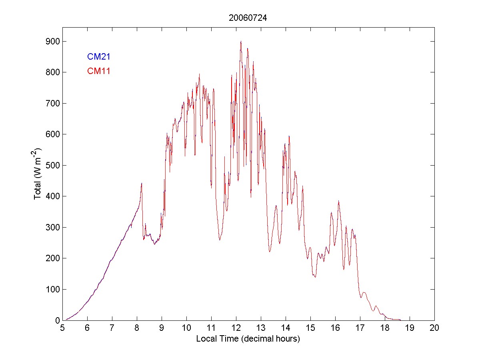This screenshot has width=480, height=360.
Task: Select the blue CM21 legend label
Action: (98, 57)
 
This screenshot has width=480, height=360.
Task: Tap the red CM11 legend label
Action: (98, 71)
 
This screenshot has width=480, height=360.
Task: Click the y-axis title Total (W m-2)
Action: (38, 174)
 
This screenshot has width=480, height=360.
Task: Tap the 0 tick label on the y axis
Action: (57, 320)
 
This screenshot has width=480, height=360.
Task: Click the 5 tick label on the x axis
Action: (62, 328)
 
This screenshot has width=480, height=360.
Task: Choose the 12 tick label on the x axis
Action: (236, 328)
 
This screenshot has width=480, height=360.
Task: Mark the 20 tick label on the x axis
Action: (434, 328)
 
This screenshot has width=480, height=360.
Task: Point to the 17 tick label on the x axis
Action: (360, 328)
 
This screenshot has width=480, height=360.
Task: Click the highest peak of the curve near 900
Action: (241, 41)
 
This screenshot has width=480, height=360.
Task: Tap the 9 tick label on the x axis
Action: (162, 328)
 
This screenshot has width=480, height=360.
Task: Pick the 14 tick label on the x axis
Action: (286, 328)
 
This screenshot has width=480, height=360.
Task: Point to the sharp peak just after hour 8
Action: (142, 183)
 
